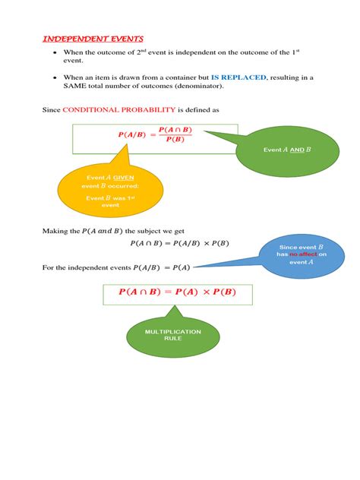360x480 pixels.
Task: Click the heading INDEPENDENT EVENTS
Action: (92, 39)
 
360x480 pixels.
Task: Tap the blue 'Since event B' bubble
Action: (301, 254)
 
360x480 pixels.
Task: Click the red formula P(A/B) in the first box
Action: (134, 134)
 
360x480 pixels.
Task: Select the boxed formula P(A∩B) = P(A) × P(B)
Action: (177, 292)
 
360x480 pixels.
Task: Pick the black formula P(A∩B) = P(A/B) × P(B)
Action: (179, 243)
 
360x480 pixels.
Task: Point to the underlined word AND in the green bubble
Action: (297, 150)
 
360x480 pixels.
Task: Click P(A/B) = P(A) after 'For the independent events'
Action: (162, 267)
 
